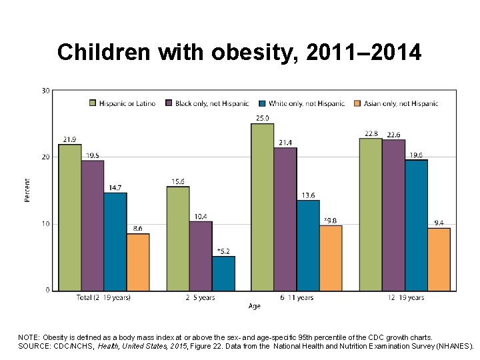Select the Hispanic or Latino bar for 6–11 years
tap(262, 207)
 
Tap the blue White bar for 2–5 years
tap(223, 273)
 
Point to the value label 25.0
tap(262, 118)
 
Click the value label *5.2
tap(223, 251)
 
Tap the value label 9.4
tap(439, 223)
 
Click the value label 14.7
tap(115, 187)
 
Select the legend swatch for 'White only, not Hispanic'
tap(263, 103)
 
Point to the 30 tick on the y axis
tap(45, 91)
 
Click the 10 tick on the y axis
tap(45, 224)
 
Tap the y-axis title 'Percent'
tap(28, 191)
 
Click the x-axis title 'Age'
tap(254, 307)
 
